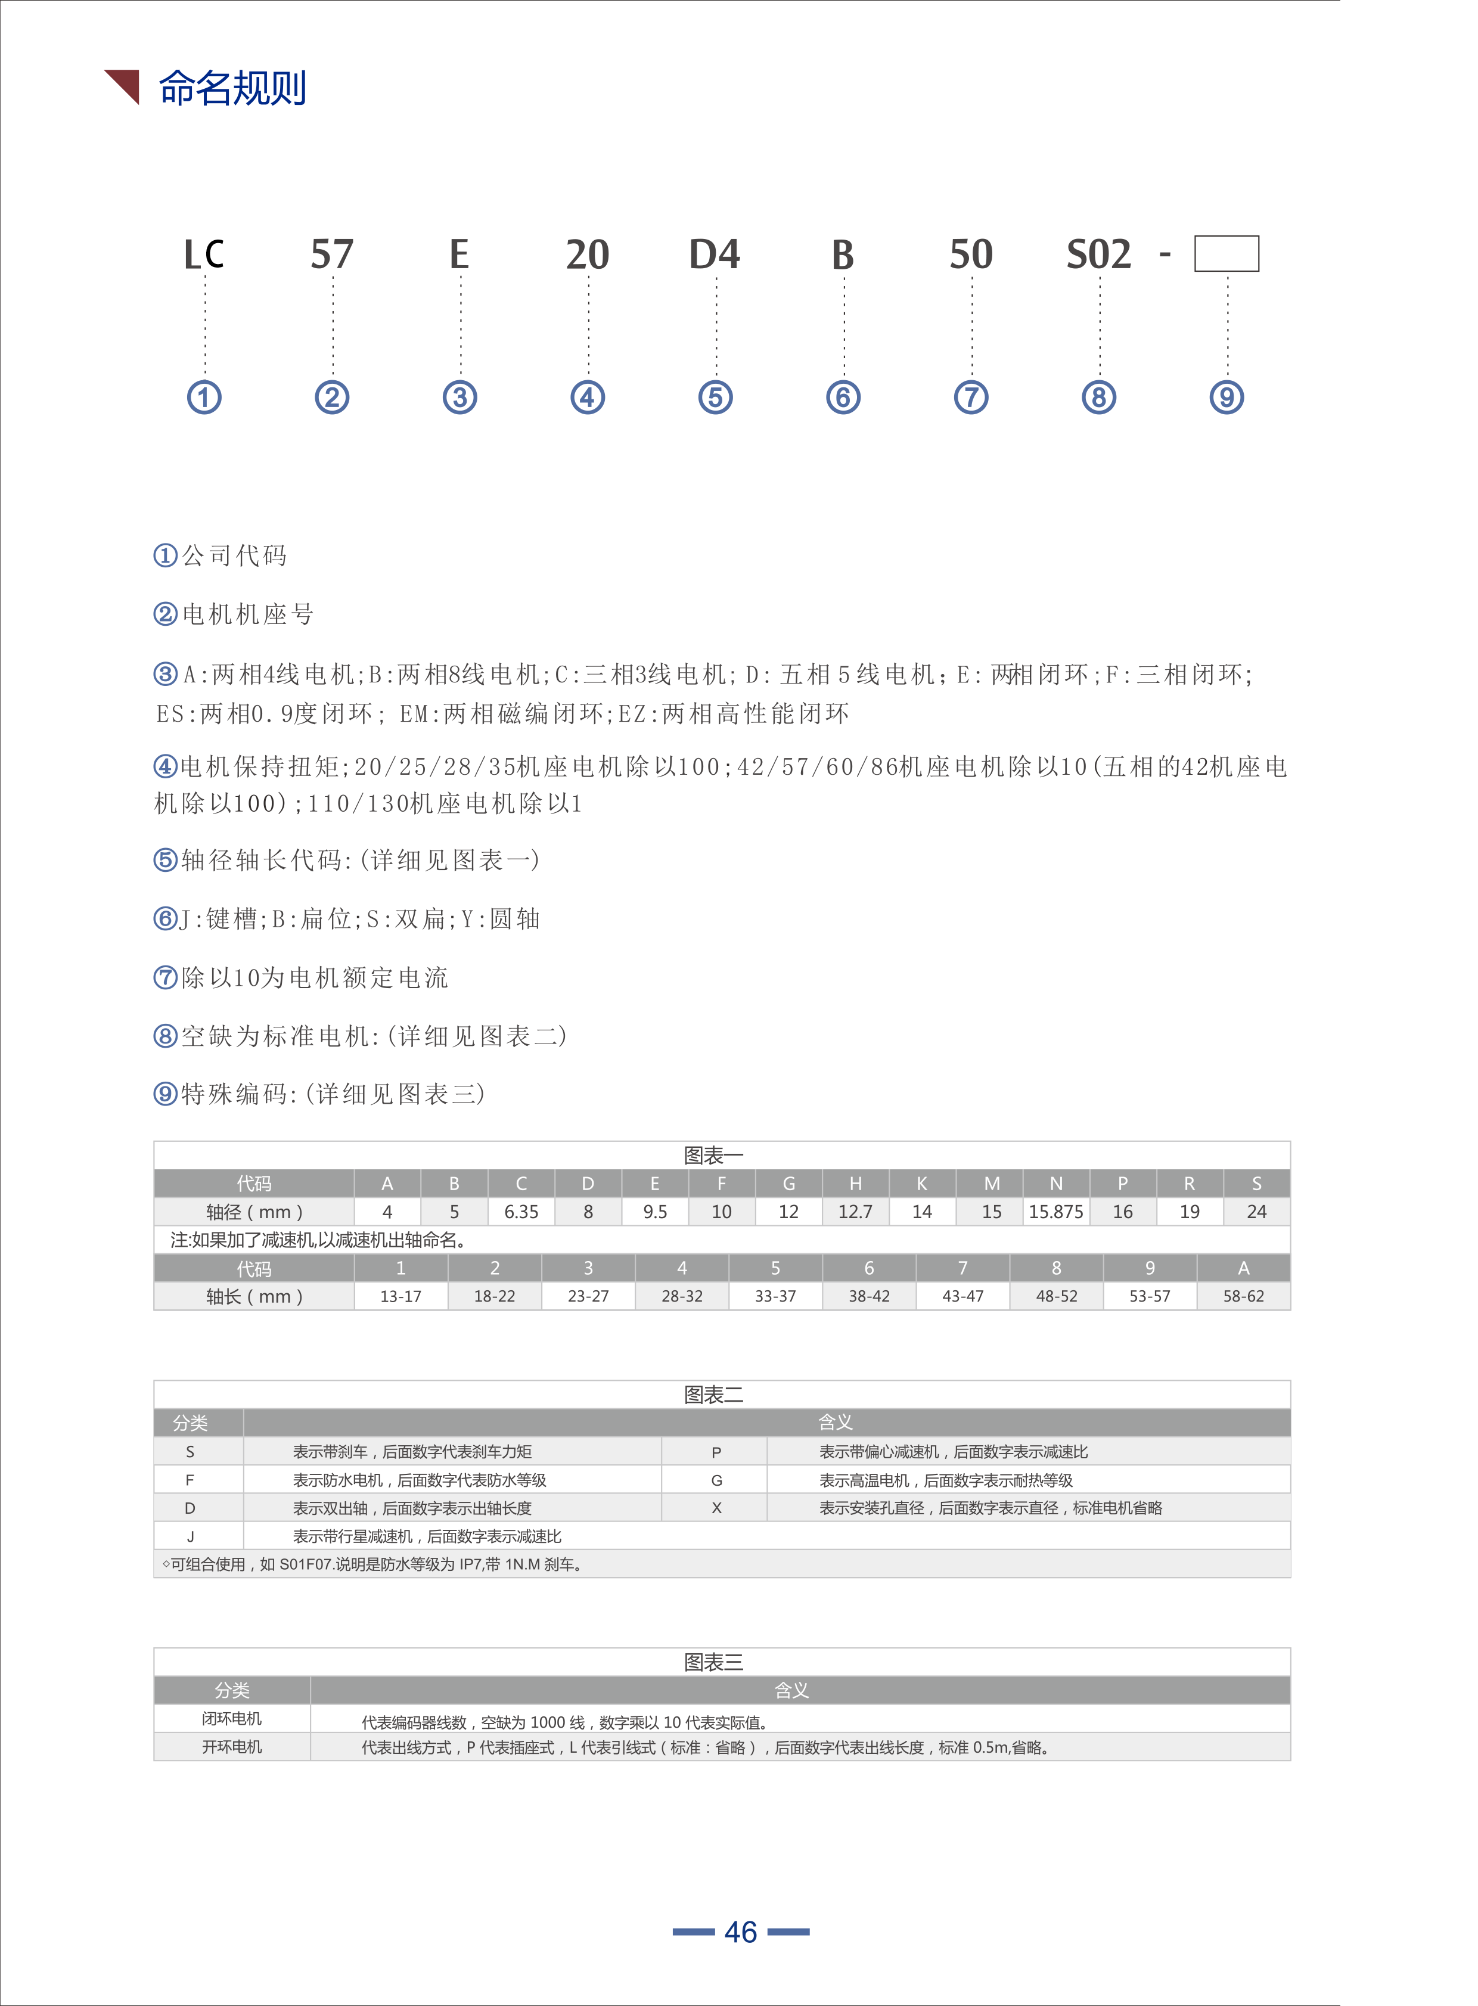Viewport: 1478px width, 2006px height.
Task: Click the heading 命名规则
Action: [x=232, y=89]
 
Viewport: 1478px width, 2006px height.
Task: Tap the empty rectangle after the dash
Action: [x=1227, y=253]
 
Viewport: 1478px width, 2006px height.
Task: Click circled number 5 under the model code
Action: [x=715, y=398]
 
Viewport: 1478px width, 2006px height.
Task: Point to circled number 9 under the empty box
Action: [x=1227, y=398]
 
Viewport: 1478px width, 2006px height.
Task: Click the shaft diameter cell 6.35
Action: [x=521, y=1212]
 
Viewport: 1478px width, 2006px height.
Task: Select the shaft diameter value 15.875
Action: [x=1055, y=1212]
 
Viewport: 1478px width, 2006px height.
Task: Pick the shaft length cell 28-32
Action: [x=682, y=1296]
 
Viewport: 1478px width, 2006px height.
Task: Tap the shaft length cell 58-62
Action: [x=1244, y=1296]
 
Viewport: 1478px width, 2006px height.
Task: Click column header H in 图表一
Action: [x=855, y=1184]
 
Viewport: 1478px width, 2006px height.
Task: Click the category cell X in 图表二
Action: [x=716, y=1508]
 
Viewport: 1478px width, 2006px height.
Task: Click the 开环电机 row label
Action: [x=232, y=1747]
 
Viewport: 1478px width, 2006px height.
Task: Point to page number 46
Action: [x=741, y=1932]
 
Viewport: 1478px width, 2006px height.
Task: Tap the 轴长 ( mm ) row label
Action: [x=254, y=1296]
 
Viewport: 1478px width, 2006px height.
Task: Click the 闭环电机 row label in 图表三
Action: [x=232, y=1719]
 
